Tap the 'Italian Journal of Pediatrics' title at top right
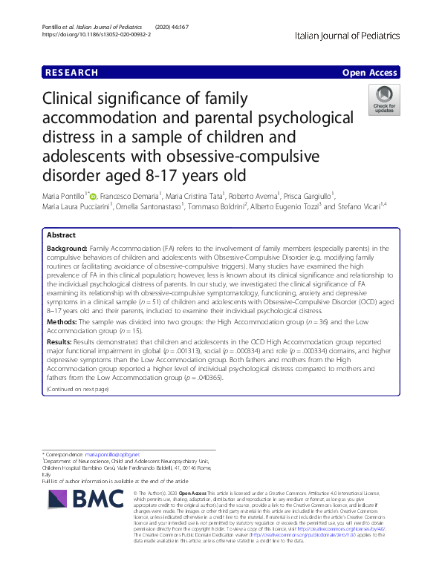click(347, 35)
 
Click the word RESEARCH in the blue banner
click(71, 73)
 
